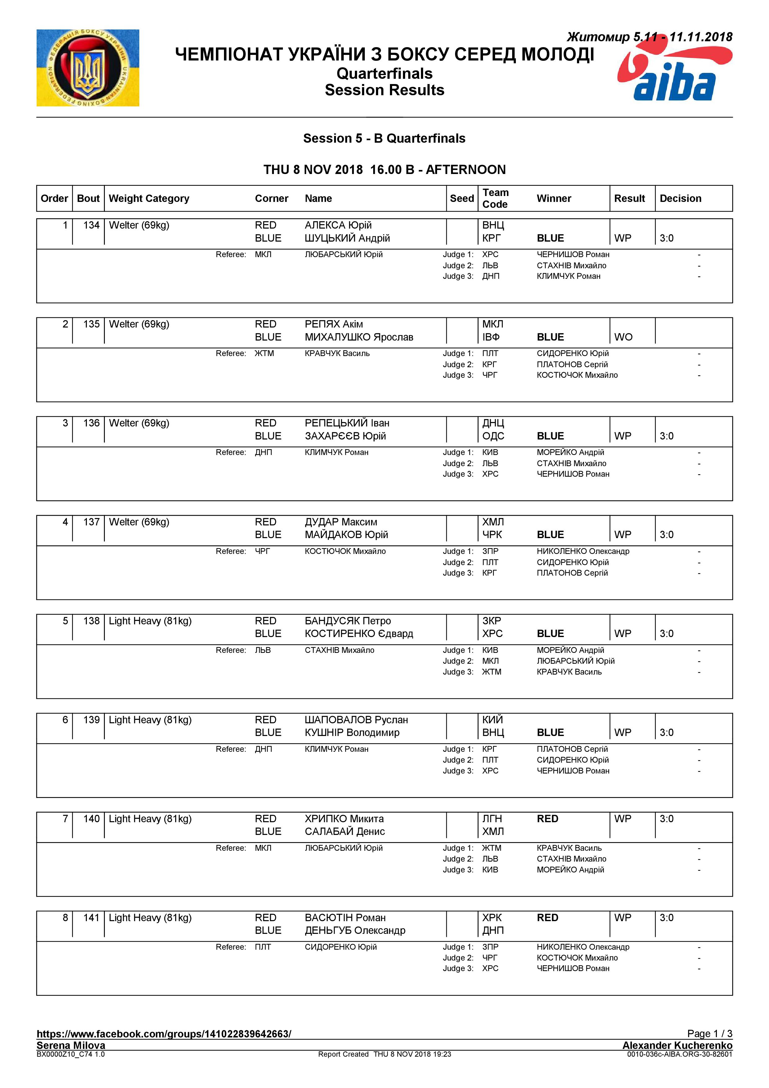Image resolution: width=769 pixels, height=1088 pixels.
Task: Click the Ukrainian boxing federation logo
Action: (x=88, y=68)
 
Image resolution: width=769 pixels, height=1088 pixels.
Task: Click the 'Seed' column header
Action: (x=462, y=198)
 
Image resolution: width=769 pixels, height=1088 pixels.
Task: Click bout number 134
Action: (x=91, y=225)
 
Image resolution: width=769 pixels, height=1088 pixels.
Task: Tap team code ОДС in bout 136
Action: (x=493, y=436)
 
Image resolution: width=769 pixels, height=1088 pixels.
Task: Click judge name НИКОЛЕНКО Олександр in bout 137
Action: (x=583, y=551)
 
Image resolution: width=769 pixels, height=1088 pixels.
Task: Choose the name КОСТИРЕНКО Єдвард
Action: (x=359, y=634)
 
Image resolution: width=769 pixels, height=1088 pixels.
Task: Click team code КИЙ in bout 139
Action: (x=492, y=720)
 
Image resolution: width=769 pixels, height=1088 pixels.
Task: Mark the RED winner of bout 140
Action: (x=547, y=819)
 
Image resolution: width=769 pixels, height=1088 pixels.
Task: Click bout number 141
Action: (x=91, y=918)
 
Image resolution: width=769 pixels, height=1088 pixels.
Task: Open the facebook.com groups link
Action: (x=164, y=1034)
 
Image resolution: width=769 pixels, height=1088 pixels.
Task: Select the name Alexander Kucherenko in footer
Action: (x=677, y=1045)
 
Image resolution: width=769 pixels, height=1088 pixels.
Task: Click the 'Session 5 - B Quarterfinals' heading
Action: (x=384, y=138)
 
